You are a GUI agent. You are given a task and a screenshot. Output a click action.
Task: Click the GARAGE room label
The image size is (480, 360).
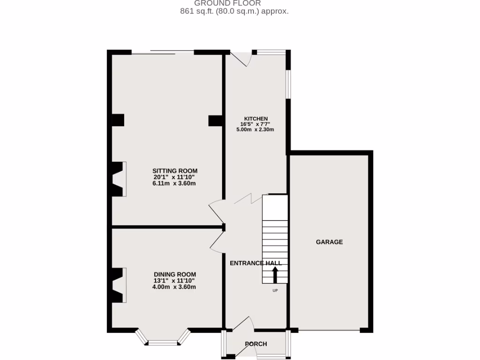[x=329, y=242]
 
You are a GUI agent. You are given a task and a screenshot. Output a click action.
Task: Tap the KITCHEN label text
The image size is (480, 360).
[x=255, y=119]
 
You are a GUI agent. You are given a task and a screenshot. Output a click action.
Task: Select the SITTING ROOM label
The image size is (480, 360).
[x=175, y=171]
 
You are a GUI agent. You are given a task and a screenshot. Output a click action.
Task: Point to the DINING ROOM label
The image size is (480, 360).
[x=175, y=275]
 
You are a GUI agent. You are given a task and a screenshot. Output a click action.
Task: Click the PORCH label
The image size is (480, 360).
[x=256, y=344]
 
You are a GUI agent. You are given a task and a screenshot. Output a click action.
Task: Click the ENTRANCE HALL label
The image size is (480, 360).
[x=255, y=263]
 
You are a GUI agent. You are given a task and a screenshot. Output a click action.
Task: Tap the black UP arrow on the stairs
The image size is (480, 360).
[x=275, y=275]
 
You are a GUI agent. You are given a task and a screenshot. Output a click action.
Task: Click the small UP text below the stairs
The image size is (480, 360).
[x=275, y=291]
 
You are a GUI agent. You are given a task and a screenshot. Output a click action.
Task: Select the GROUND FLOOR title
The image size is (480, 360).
[x=234, y=3]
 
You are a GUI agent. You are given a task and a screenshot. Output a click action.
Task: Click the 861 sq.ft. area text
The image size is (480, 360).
[x=234, y=11]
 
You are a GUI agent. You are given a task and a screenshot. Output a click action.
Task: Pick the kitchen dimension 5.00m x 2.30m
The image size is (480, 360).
[x=255, y=130]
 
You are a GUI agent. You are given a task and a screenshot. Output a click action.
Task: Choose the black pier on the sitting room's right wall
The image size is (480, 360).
[x=215, y=120]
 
